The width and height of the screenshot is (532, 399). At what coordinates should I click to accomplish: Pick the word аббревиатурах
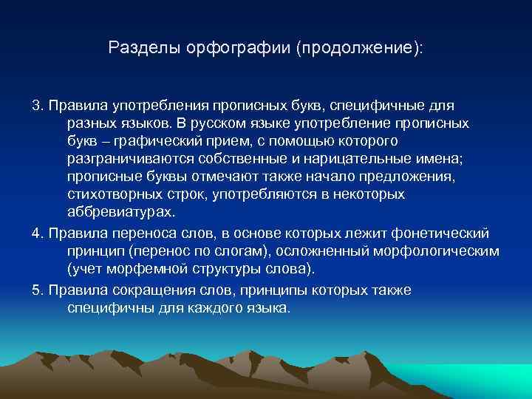pyautogui.click(x=121, y=214)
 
